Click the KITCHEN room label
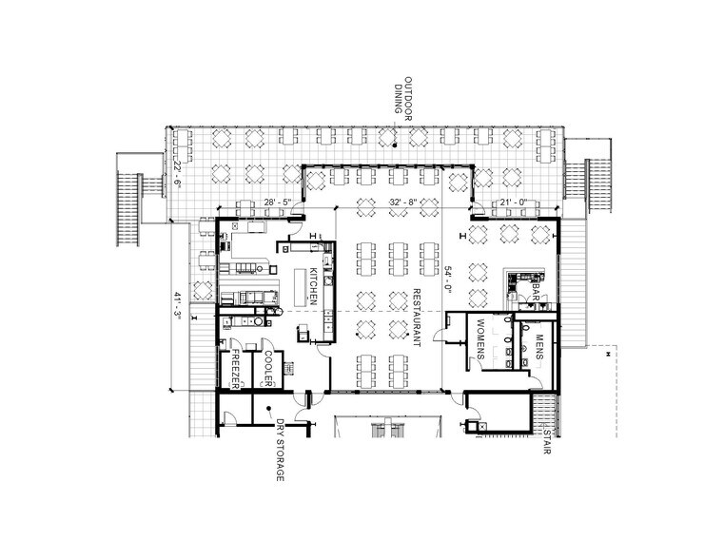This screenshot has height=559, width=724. coord(313,286)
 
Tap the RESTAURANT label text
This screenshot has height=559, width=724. coord(416,318)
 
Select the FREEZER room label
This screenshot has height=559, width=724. coord(235,369)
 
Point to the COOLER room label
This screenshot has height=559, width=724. coord(267,369)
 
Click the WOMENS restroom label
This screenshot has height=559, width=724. coord(480,339)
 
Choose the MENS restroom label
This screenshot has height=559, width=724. coord(538,347)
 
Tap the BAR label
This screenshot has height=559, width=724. coord(536,292)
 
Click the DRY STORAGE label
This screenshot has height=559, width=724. coord(280,450)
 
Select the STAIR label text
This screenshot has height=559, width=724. coord(547,442)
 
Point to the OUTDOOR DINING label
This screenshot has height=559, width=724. coord(403,99)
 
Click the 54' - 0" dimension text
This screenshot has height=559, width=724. coord(447,279)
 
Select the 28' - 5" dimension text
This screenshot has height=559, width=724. coord(278,202)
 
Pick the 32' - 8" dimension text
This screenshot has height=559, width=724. coord(403,202)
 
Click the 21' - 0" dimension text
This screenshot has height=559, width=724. coord(515,202)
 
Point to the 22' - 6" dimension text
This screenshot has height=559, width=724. coord(177,173)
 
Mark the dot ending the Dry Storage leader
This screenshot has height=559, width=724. coord(268,408)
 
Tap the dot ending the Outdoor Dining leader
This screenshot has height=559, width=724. coord(395,145)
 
